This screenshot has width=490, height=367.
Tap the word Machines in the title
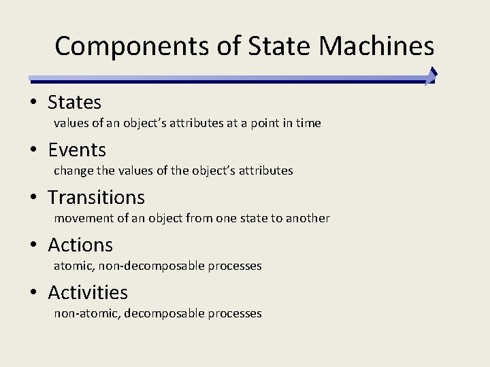tap(376, 46)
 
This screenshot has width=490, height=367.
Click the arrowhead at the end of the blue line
tap(431, 75)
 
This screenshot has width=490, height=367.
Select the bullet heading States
tap(74, 103)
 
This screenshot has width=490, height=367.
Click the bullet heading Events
tap(77, 150)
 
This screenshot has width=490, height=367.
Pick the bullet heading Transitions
tap(96, 198)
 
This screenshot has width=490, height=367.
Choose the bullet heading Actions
tap(80, 245)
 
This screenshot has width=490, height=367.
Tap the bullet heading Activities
tap(88, 293)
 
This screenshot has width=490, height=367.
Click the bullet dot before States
tap(33, 103)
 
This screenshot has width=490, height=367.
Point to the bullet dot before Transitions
tap(33, 198)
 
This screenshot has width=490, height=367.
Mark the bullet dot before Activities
tap(33, 294)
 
